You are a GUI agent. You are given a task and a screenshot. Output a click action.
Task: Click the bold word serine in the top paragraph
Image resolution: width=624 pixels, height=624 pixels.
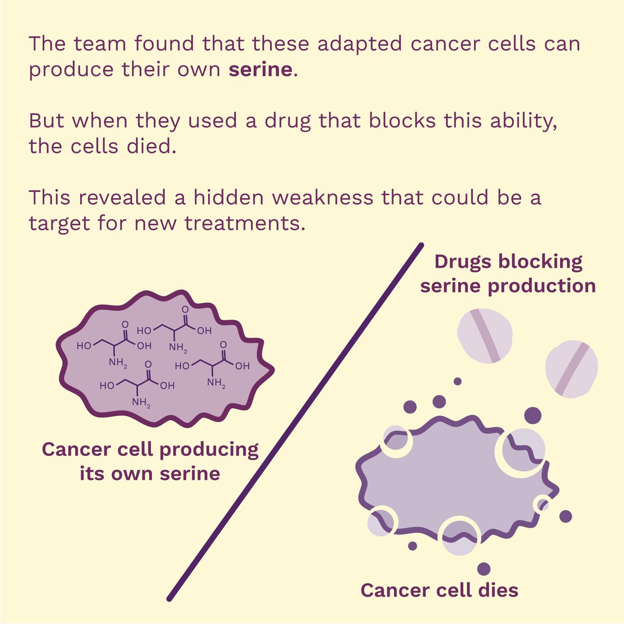[x=261, y=69]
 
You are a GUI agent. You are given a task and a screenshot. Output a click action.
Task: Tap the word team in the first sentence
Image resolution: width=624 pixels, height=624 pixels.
[x=100, y=43]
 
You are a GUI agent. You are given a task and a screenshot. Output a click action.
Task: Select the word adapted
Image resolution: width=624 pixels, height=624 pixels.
[x=360, y=44]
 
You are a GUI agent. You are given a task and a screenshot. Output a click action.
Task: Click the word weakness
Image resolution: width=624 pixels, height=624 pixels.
[x=323, y=197]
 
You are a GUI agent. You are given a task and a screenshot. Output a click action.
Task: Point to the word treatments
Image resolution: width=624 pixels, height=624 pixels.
[x=245, y=223]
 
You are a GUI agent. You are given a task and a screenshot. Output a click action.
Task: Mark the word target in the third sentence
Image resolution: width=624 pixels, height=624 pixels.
[x=59, y=224]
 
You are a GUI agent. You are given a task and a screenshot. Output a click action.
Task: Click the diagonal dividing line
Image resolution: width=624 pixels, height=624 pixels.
[x=295, y=422]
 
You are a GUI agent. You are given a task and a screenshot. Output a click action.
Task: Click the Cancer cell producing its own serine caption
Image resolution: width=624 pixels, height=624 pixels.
[x=150, y=461]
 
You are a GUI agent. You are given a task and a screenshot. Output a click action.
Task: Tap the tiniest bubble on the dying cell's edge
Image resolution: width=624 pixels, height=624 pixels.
[x=543, y=504]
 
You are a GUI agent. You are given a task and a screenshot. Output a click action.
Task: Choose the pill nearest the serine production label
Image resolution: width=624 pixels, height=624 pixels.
[x=485, y=336]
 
